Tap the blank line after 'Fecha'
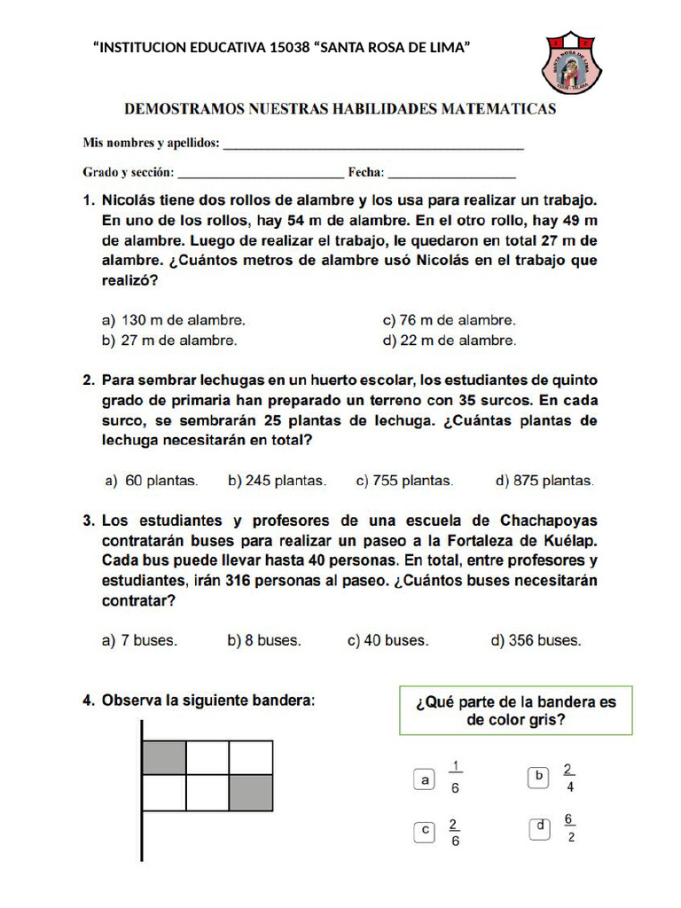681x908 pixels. pos(452,176)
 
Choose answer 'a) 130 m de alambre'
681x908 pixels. pos(174,320)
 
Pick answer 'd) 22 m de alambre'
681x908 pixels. pos(449,340)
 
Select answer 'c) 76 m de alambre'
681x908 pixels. pos(449,320)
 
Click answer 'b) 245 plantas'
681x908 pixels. pos(277,481)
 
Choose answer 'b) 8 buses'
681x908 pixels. pos(264,640)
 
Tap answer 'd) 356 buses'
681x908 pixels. pos(536,640)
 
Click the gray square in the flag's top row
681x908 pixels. pos(164,758)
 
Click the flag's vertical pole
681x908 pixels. pos(142,789)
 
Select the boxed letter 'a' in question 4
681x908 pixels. pos(426,780)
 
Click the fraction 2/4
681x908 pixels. pos(568,778)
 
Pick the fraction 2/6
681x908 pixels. pos(454,832)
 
